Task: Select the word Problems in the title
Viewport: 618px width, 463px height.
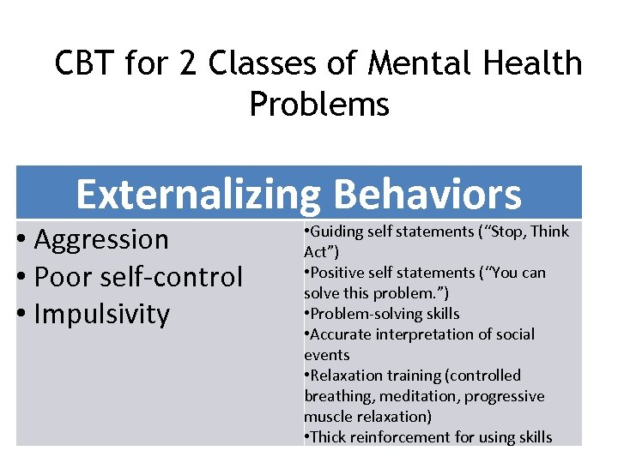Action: (x=319, y=104)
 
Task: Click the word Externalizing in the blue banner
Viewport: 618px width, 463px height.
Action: (x=197, y=195)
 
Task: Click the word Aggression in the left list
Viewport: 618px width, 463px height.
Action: (x=101, y=239)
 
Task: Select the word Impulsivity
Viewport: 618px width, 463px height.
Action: (x=102, y=313)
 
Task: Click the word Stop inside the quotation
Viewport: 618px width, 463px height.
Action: (x=508, y=231)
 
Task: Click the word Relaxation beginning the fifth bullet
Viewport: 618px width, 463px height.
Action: (x=345, y=376)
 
